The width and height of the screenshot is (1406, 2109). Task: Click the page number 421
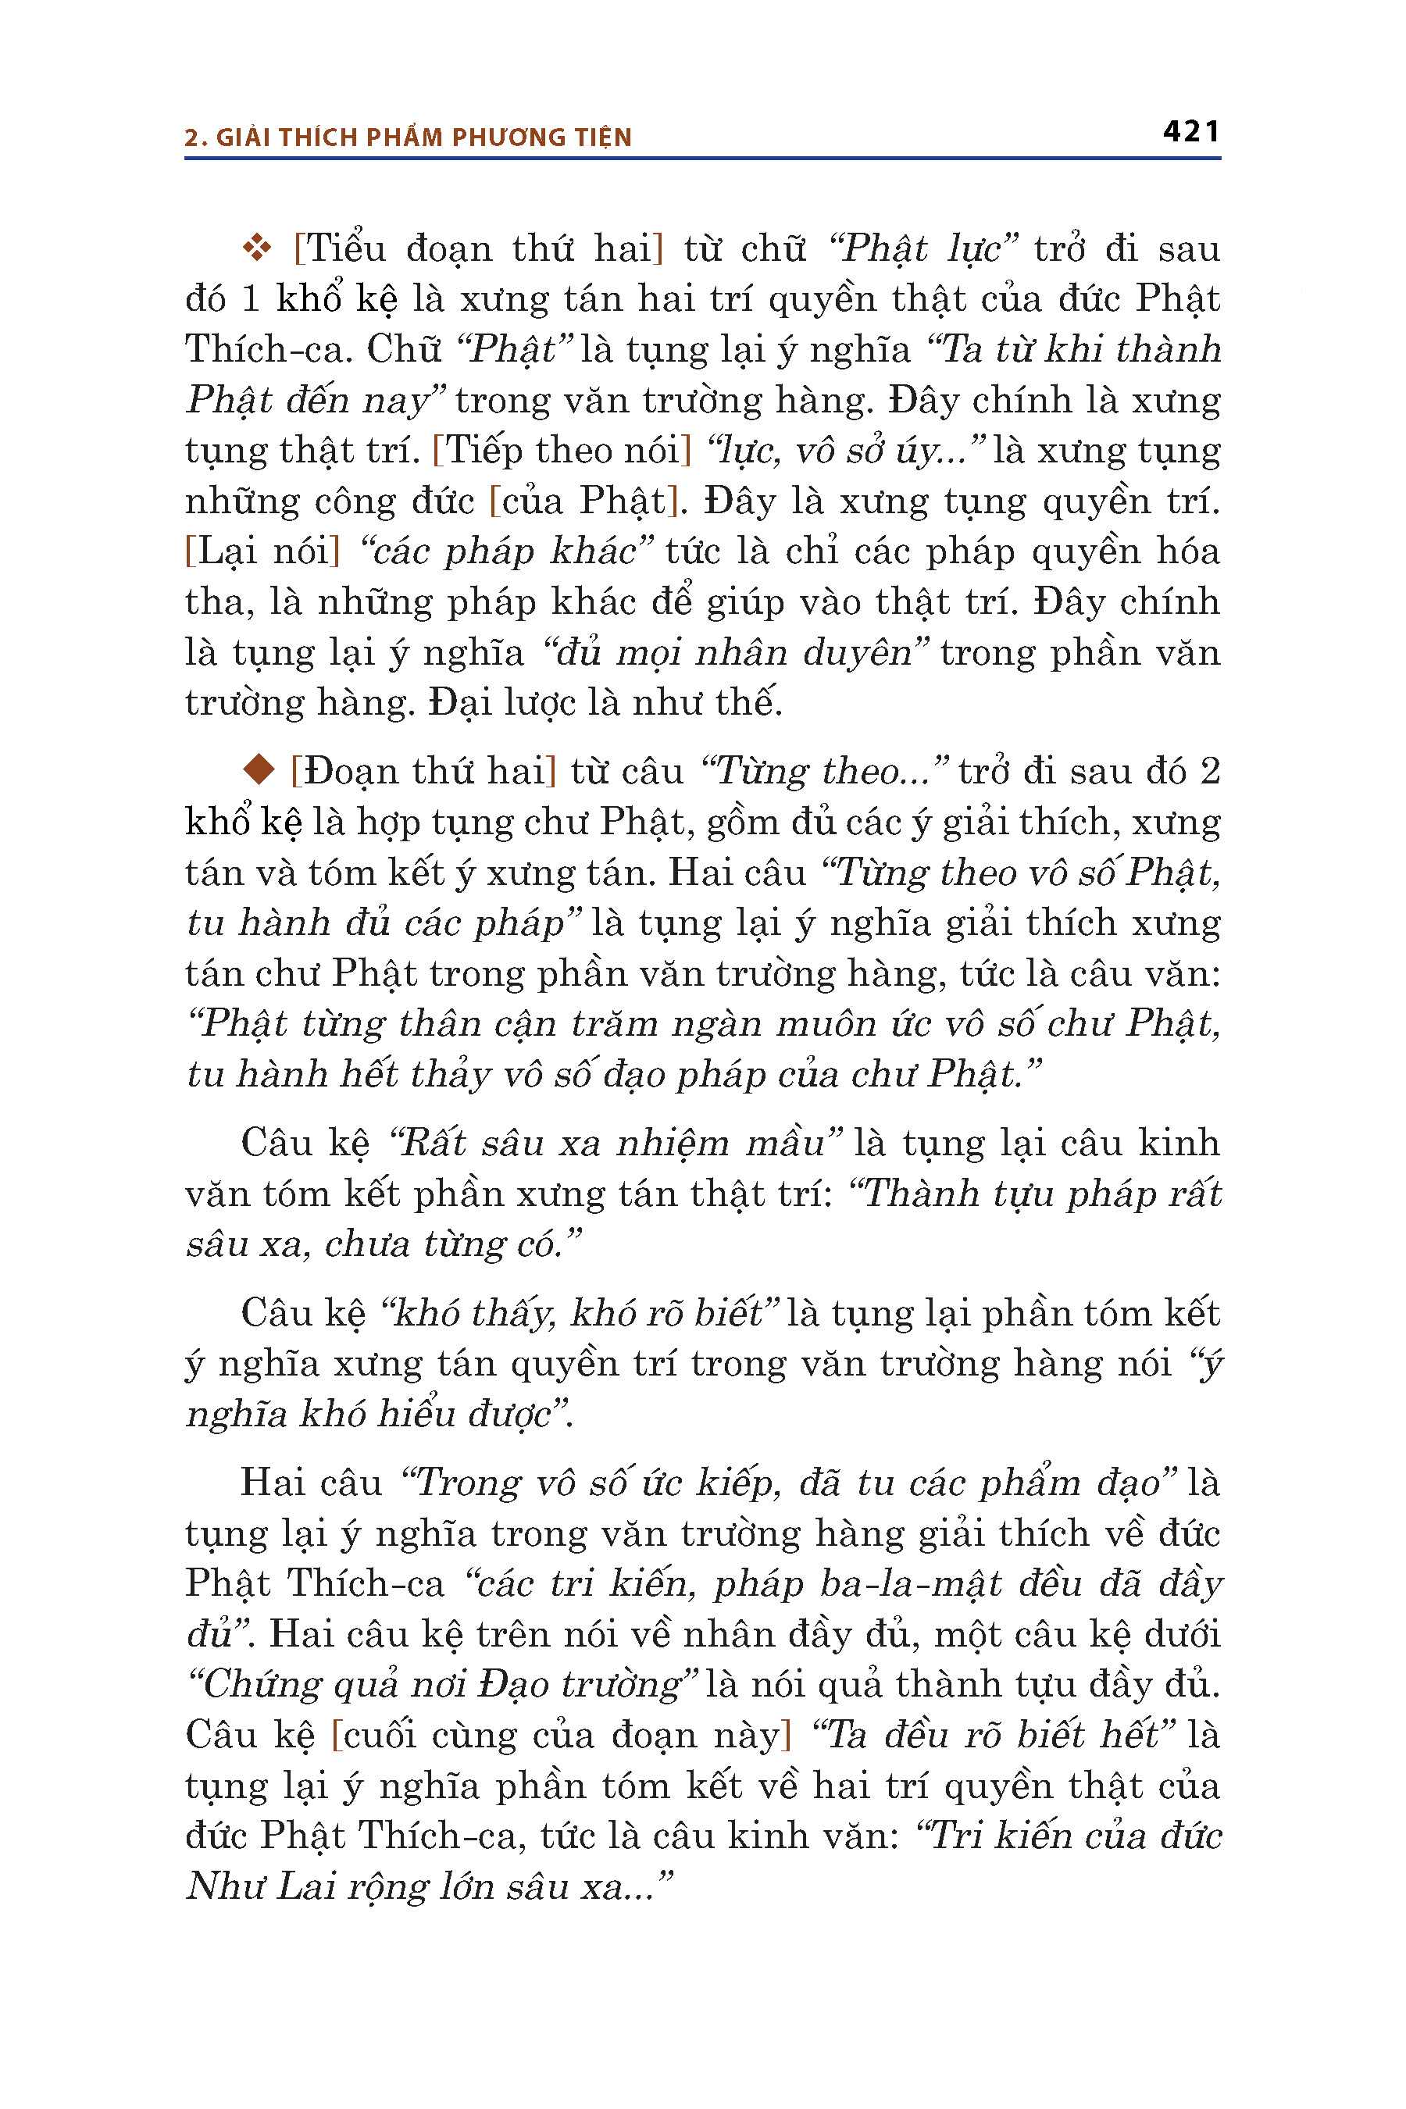[1190, 132]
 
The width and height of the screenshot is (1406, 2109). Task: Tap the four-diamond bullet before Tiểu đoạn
[257, 248]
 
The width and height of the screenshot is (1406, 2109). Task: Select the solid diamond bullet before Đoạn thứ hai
[259, 769]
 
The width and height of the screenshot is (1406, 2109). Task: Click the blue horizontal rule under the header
[702, 159]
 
